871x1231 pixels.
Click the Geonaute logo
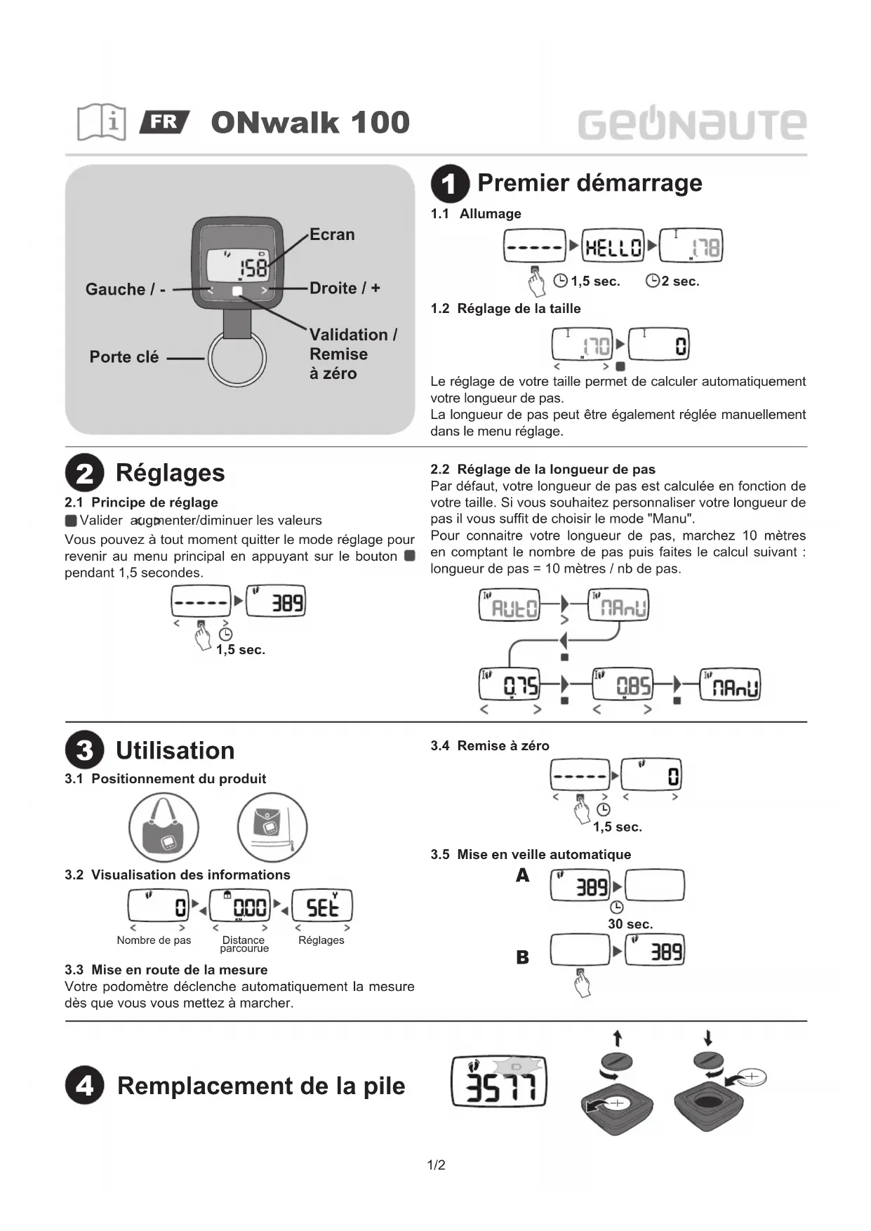[x=691, y=124]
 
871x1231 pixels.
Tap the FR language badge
[x=164, y=122]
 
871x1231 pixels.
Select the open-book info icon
[x=102, y=122]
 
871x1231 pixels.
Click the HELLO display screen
[x=613, y=246]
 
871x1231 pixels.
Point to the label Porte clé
[x=124, y=357]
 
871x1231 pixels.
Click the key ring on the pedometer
[x=237, y=358]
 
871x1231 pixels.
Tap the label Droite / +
[x=345, y=288]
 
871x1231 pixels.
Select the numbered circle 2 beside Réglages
[x=84, y=473]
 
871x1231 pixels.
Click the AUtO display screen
[x=510, y=606]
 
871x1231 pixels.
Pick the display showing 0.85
[x=623, y=684]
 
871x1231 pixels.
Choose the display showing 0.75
[x=510, y=684]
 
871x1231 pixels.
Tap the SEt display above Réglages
[x=321, y=906]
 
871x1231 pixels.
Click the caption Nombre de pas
[x=154, y=940]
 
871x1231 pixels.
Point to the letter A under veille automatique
[x=522, y=876]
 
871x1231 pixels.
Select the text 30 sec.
[x=630, y=924]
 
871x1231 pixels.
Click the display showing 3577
[x=498, y=1082]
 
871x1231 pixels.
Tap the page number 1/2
[x=436, y=1166]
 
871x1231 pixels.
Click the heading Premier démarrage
[x=590, y=183]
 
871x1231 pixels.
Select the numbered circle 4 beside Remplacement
[x=84, y=1086]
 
